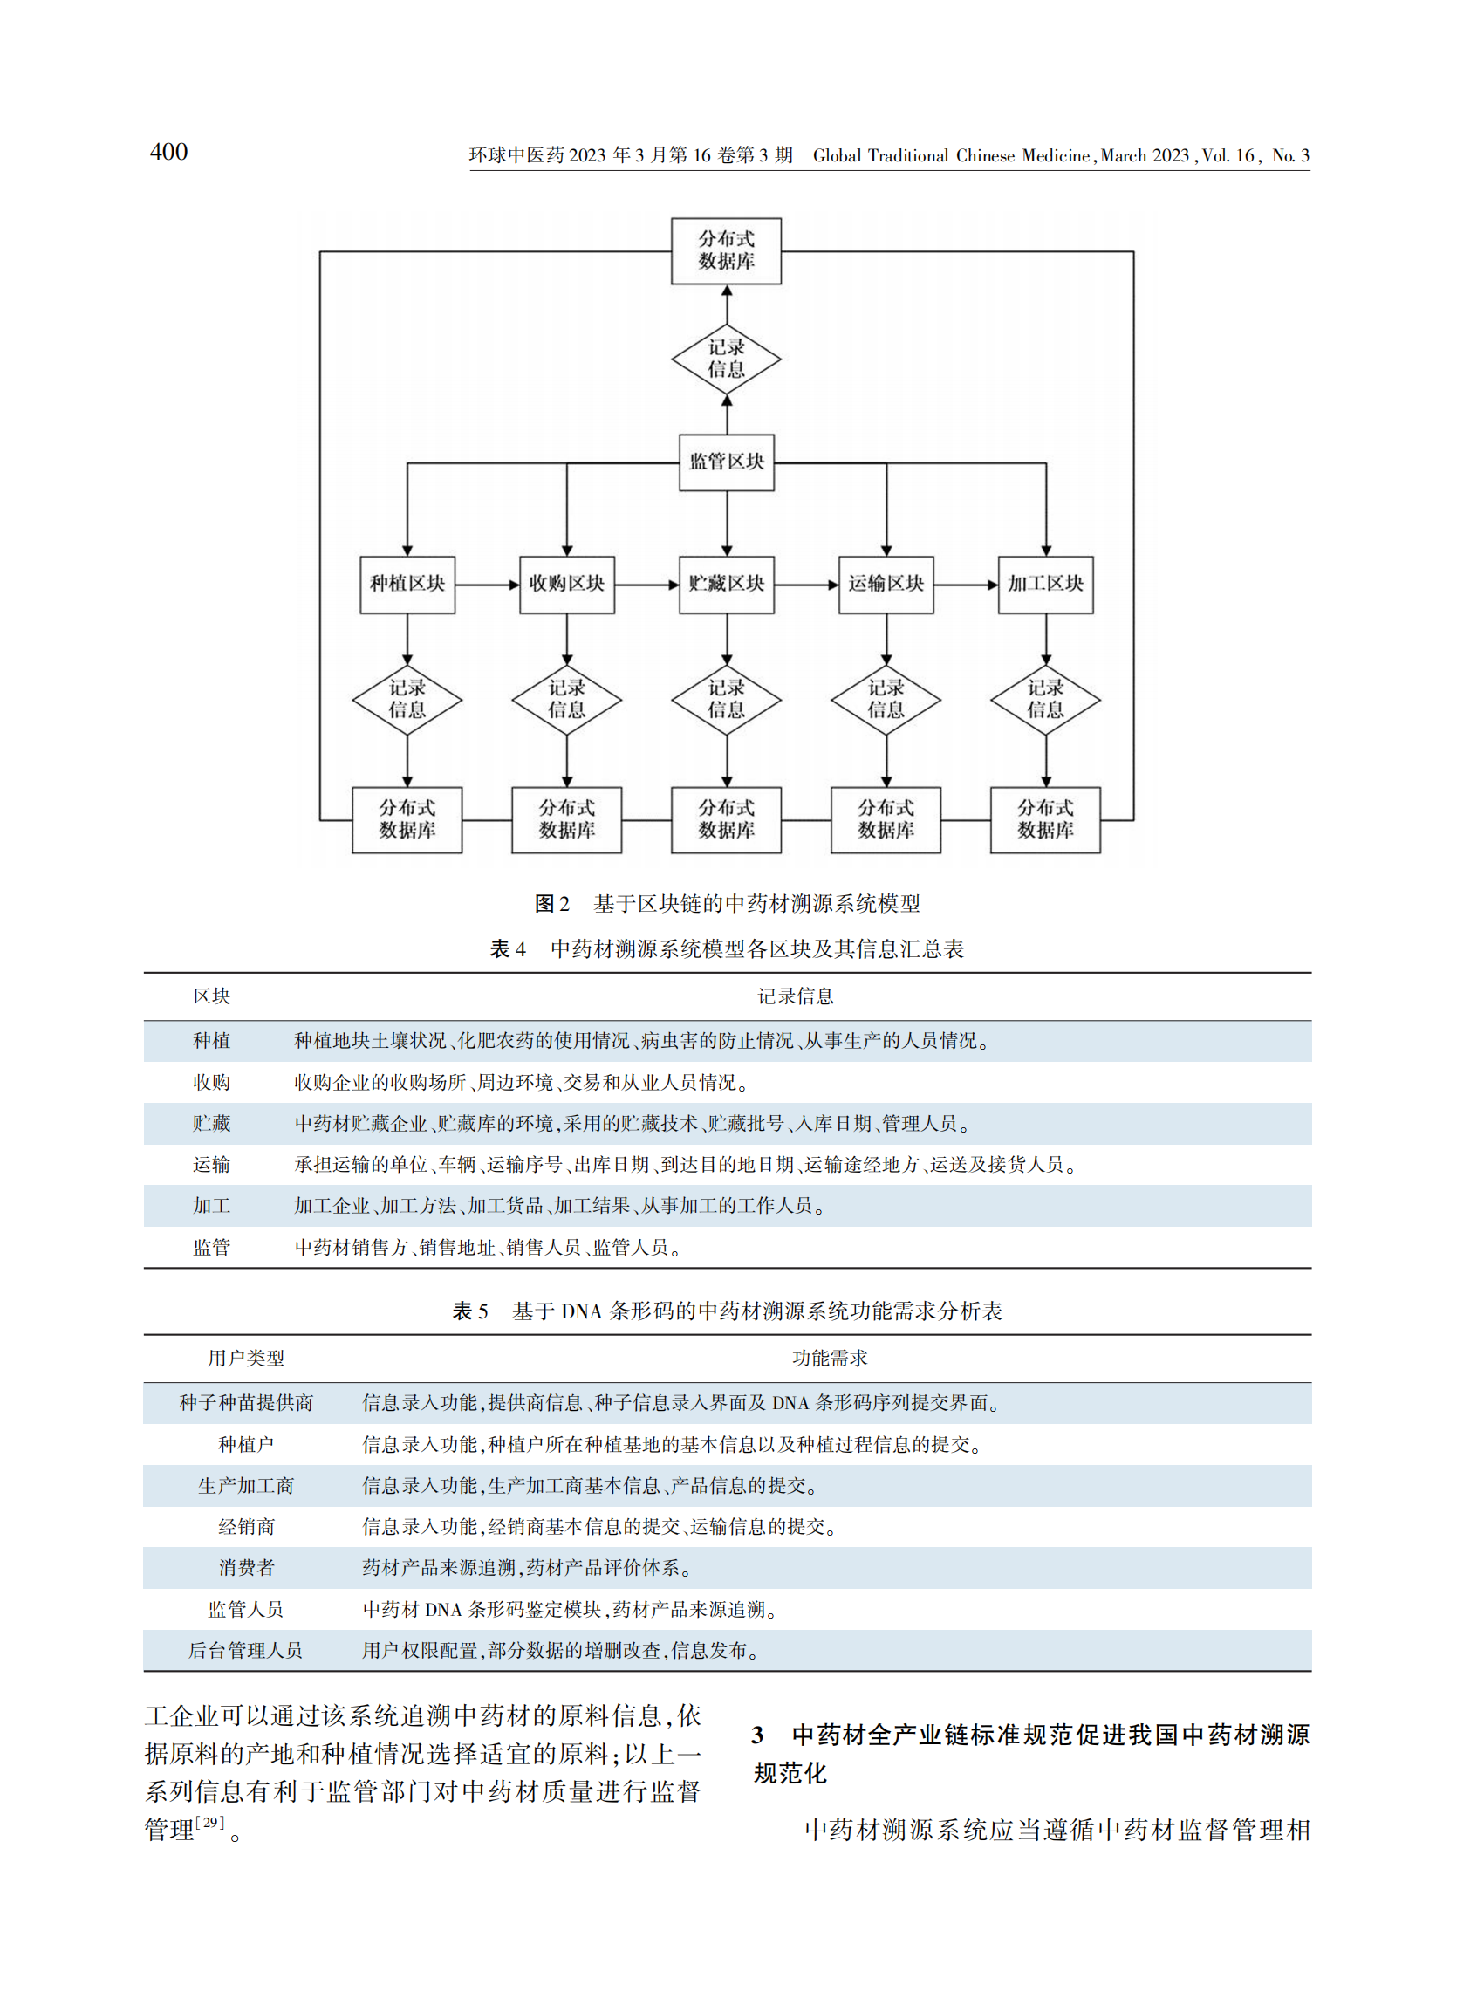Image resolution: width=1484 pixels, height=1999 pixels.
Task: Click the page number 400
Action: click(x=169, y=152)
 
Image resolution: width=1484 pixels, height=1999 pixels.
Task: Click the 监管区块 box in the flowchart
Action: click(x=726, y=462)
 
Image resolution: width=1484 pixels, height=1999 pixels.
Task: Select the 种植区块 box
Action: click(x=407, y=584)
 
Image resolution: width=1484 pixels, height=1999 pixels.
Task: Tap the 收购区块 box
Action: click(x=567, y=584)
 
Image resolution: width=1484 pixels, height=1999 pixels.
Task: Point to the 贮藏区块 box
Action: click(x=726, y=584)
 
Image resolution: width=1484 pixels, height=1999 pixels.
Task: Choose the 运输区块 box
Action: click(x=886, y=584)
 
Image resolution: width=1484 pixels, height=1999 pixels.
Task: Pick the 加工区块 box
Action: click(x=1046, y=584)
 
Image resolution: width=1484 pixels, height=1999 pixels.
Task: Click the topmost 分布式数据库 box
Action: click(x=726, y=250)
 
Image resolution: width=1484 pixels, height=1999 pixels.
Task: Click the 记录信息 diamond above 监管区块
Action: click(x=726, y=359)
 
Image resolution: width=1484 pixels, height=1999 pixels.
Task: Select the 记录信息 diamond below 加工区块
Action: click(x=1046, y=699)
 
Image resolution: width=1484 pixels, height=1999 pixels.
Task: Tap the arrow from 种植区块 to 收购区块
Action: click(x=487, y=585)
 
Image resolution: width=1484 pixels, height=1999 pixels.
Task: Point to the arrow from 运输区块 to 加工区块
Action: click(x=966, y=585)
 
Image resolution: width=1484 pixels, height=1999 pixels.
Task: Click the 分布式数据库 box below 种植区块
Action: click(x=407, y=819)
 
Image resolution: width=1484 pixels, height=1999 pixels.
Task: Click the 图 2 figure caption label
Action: click(x=551, y=904)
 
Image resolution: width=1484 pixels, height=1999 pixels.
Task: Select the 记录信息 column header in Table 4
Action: click(x=795, y=996)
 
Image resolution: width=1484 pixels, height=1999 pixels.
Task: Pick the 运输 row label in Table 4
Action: click(x=212, y=1165)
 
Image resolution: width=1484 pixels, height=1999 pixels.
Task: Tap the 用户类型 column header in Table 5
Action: click(x=245, y=1359)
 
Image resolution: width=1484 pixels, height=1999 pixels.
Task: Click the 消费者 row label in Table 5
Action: click(x=245, y=1569)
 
